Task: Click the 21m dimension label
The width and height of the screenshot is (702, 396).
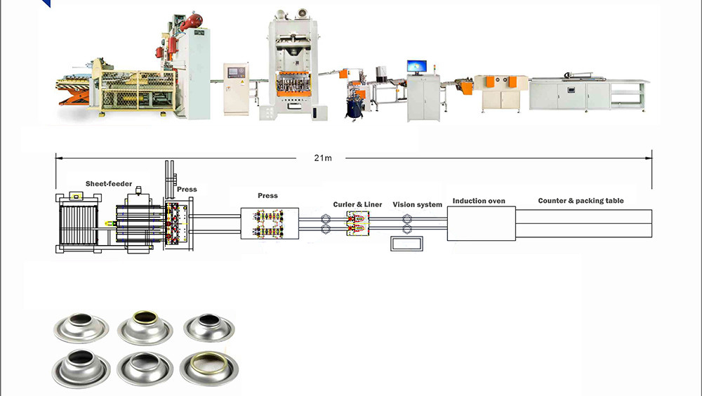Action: [x=323, y=158]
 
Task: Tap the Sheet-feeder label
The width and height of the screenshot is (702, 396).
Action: [x=109, y=184]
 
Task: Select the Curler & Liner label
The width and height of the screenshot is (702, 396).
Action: [x=357, y=204]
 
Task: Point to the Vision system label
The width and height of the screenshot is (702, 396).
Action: [x=417, y=205]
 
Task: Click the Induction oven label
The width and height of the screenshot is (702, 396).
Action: [x=479, y=201]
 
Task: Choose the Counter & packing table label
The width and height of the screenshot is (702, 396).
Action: [x=581, y=201]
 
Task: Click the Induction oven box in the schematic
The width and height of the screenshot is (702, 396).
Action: [x=482, y=223]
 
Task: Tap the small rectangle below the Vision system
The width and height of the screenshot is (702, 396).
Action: [x=406, y=243]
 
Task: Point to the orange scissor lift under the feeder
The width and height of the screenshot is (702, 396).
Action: [x=74, y=95]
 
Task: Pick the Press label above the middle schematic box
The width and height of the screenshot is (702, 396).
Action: [x=267, y=196]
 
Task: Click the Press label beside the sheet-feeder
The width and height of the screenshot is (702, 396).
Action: [x=187, y=190]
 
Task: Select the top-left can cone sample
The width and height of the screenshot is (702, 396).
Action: [x=81, y=327]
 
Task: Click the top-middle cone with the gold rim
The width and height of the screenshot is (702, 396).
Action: [x=145, y=327]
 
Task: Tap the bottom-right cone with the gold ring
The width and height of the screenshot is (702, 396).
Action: [x=209, y=368]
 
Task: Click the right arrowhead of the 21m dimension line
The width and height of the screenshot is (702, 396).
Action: [x=649, y=158]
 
